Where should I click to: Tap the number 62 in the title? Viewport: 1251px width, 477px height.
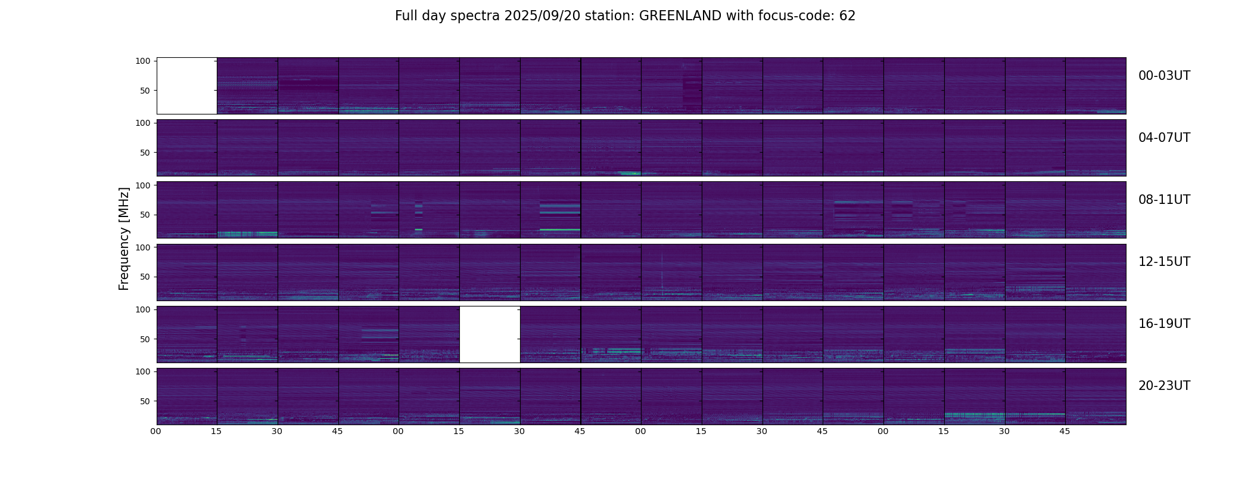click(847, 16)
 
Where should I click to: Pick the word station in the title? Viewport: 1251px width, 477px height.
click(609, 16)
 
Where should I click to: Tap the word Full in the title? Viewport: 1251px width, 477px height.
click(406, 16)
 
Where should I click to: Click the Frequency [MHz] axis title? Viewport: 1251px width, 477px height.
click(124, 238)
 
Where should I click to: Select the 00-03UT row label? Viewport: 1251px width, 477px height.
click(1164, 76)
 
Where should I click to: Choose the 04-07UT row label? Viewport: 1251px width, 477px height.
click(1164, 138)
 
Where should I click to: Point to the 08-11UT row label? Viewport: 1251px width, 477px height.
click(1164, 200)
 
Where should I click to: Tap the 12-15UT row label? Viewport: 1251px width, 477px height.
click(1164, 262)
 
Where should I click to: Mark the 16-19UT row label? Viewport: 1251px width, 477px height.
click(1164, 324)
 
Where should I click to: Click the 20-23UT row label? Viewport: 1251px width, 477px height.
click(1164, 386)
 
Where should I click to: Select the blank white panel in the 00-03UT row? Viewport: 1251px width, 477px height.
click(186, 86)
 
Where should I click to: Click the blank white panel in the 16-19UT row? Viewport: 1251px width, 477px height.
click(490, 334)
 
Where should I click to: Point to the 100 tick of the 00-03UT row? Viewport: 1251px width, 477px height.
click(142, 61)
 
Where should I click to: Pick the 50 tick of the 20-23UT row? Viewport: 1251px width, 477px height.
click(145, 401)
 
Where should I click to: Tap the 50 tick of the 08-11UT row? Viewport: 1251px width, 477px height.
click(145, 215)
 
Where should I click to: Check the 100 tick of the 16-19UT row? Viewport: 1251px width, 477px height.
click(142, 309)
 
